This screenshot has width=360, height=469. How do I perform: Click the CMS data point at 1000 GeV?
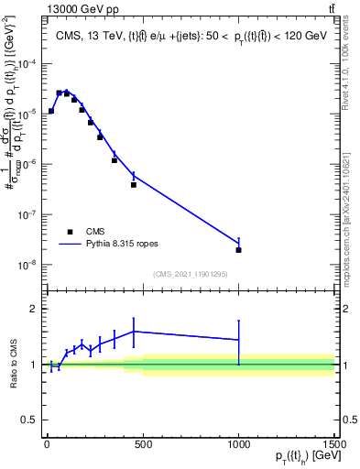coord(238,250)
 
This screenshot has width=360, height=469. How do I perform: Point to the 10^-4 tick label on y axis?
coord(27,63)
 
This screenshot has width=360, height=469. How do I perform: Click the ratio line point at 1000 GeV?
coord(238,340)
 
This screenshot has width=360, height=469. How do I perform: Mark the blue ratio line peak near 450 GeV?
coord(134,332)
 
